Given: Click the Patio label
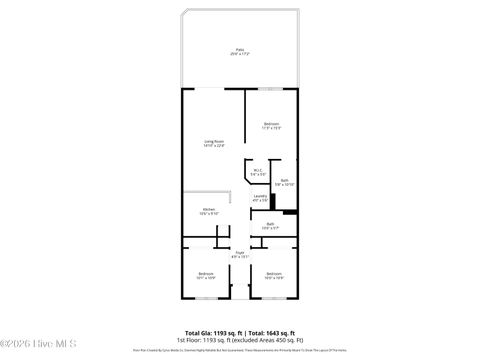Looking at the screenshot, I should (x=239, y=49).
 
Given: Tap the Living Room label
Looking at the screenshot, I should (x=213, y=141).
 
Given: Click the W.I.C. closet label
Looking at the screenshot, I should (x=257, y=171).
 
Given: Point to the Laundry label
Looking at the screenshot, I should (x=260, y=195).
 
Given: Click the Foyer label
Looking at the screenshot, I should (x=239, y=252).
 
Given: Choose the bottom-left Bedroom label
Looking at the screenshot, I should (x=205, y=273).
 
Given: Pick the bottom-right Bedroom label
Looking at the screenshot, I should (x=273, y=273).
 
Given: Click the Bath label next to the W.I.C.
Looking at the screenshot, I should (x=285, y=180).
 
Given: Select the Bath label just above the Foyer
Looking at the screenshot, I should (x=270, y=224).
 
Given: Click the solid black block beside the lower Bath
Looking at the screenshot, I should (x=290, y=211).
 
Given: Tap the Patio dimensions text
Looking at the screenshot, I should (x=239, y=54).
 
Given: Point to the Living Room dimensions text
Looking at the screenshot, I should (x=213, y=146).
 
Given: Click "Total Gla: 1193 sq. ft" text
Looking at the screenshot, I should (x=208, y=332).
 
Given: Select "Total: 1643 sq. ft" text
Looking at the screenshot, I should (x=271, y=332).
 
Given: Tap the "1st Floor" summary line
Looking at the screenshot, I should (x=239, y=339).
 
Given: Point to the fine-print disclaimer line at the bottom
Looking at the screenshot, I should (x=239, y=351).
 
